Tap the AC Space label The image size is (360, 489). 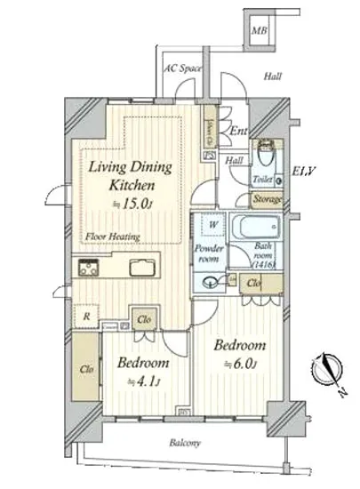pos(182,68)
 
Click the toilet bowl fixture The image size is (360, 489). pos(264,154)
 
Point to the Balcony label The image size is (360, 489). pos(187,443)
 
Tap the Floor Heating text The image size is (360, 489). pos(108,236)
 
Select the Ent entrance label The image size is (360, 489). pos(237,132)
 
